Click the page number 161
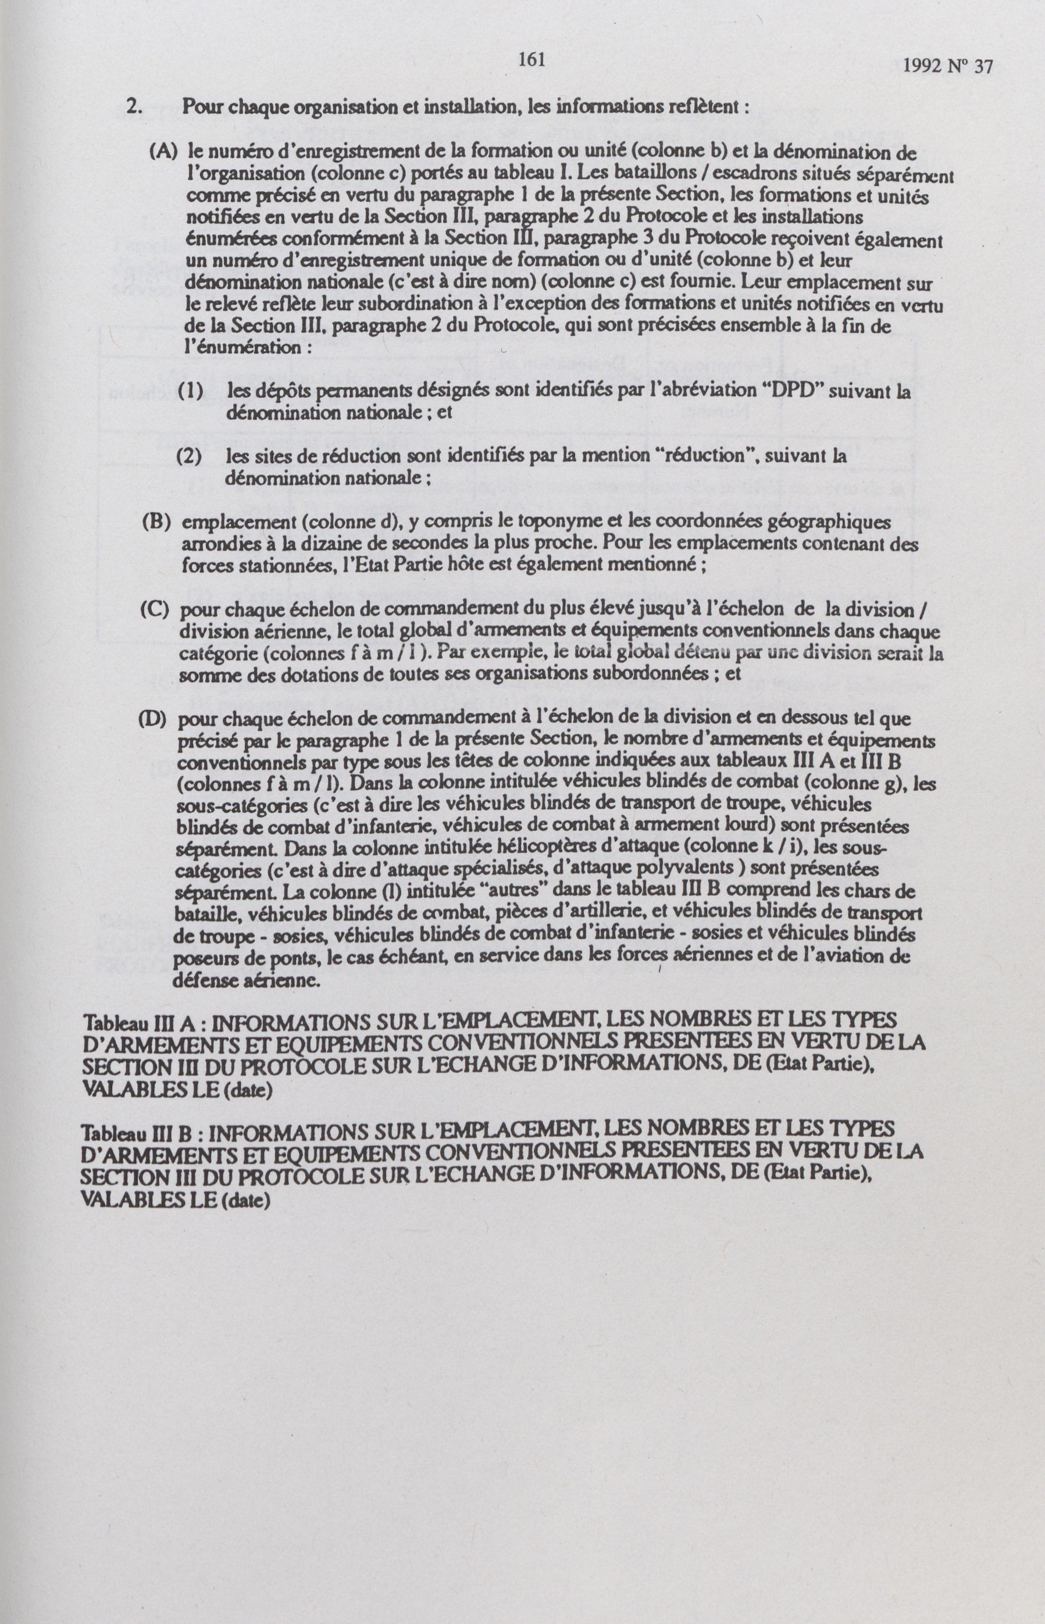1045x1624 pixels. (532, 60)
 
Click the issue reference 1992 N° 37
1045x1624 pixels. (948, 66)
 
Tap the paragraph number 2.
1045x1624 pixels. (133, 109)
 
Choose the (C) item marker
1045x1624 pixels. (154, 609)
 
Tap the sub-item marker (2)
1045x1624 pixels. (190, 456)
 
